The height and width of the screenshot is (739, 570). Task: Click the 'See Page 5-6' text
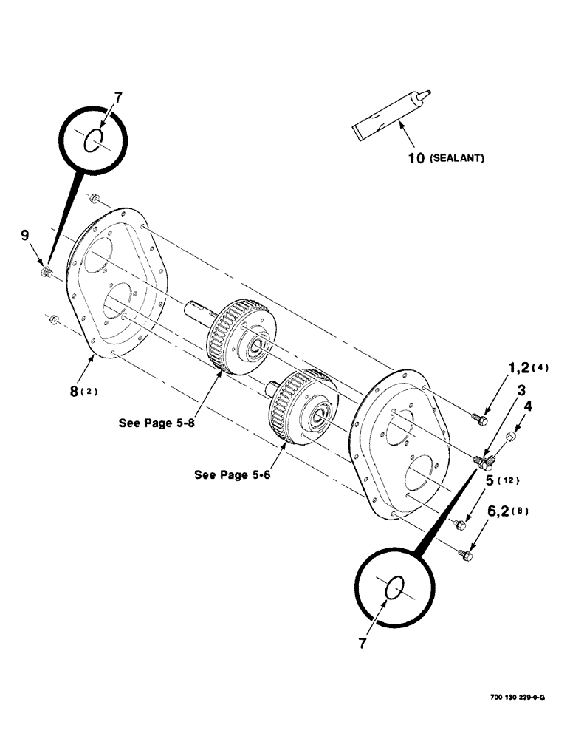(x=233, y=475)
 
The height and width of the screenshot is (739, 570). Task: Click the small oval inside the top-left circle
(x=92, y=141)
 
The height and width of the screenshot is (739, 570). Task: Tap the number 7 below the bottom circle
(x=363, y=644)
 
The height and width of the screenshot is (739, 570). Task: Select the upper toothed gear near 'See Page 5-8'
(x=238, y=328)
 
